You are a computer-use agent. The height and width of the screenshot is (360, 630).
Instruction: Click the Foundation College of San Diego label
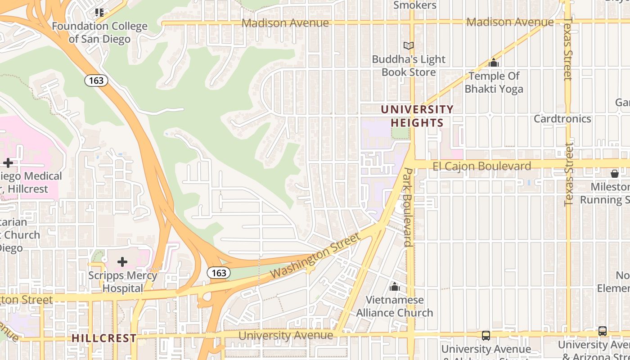pyautogui.click(x=99, y=32)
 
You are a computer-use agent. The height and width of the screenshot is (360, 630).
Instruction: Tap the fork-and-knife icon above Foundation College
pyautogui.click(x=99, y=12)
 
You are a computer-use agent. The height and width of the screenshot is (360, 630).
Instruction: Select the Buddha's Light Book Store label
pyautogui.click(x=409, y=66)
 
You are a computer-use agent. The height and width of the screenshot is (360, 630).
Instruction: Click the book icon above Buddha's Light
pyautogui.click(x=409, y=45)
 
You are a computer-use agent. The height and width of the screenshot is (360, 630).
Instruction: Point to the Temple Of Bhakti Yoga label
pyautogui.click(x=494, y=82)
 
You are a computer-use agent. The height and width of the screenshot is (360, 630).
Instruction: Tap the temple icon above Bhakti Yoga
pyautogui.click(x=494, y=63)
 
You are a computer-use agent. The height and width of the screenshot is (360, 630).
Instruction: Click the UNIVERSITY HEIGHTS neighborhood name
pyautogui.click(x=417, y=116)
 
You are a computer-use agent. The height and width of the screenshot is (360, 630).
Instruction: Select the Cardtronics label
pyautogui.click(x=562, y=119)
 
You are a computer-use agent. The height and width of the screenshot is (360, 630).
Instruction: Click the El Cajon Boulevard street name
pyautogui.click(x=481, y=166)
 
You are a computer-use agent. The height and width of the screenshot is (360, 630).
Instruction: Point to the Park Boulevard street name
pyautogui.click(x=408, y=207)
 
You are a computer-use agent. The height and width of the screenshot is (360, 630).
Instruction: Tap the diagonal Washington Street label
pyautogui.click(x=315, y=255)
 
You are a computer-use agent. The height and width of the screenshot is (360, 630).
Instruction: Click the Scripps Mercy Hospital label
pyautogui.click(x=122, y=282)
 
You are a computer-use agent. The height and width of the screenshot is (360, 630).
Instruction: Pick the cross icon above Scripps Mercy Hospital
pyautogui.click(x=122, y=261)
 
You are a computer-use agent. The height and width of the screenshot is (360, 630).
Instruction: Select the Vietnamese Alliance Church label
pyautogui.click(x=395, y=306)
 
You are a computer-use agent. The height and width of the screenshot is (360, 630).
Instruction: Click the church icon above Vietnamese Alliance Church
pyautogui.click(x=395, y=286)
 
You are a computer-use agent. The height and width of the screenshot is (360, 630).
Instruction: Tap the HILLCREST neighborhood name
pyautogui.click(x=104, y=338)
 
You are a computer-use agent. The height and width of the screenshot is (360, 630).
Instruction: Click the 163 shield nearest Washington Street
pyautogui.click(x=219, y=273)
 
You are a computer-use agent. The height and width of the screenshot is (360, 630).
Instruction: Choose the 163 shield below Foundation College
pyautogui.click(x=96, y=81)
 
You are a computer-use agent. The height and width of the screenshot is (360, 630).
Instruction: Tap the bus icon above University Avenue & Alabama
pyautogui.click(x=486, y=335)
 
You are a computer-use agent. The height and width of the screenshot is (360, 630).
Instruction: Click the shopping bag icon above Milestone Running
pyautogui.click(x=615, y=173)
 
